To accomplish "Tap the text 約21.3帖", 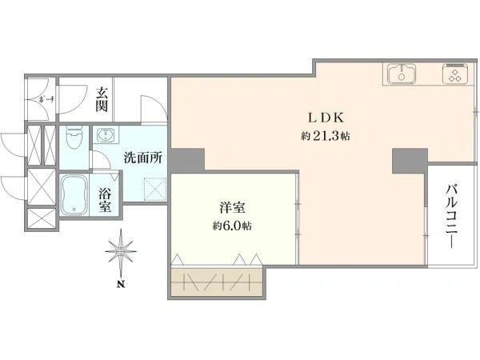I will click(325, 136).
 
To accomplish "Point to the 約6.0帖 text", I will click(231, 226).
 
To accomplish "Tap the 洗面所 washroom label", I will click(143, 157).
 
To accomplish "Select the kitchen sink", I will click(402, 75).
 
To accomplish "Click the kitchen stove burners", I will click(455, 76).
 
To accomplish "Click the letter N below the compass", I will click(120, 285).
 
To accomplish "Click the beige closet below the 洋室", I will click(218, 284).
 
